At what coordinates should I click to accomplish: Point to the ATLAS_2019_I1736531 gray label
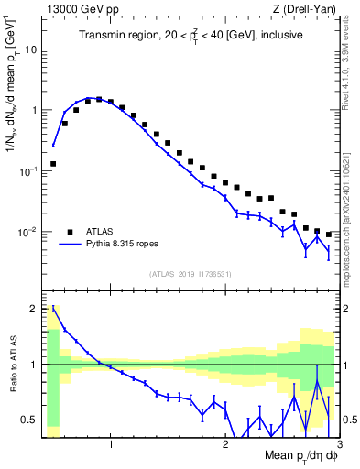tap(191, 274)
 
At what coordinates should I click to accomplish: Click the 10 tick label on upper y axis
tap(30, 49)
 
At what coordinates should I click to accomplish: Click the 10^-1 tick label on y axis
tap(27, 170)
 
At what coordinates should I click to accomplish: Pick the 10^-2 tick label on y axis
tap(27, 232)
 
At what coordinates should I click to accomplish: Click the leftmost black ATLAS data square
tap(53, 164)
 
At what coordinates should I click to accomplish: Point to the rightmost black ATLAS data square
tap(329, 234)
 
